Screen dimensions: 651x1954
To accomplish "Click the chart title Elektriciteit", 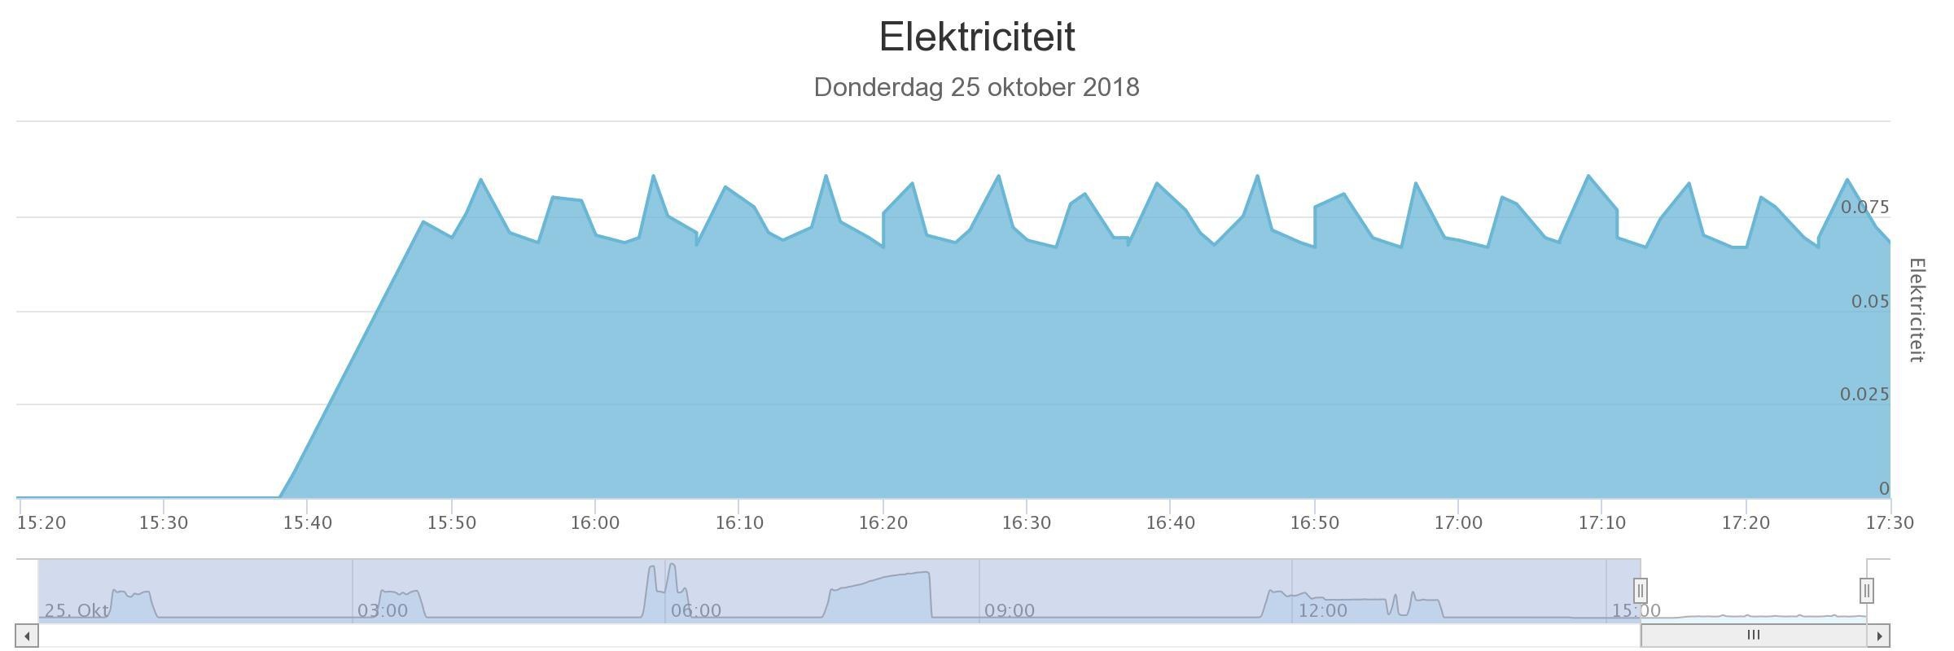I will click(x=977, y=37).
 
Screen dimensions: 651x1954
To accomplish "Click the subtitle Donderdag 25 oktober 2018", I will click(x=976, y=87).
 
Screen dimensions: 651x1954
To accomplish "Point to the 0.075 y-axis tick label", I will click(x=1864, y=208).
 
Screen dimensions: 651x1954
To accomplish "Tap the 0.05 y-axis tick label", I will click(x=1869, y=302).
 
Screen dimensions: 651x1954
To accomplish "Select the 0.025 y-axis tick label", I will click(x=1864, y=395).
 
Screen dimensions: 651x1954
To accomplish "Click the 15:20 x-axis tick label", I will click(x=42, y=522).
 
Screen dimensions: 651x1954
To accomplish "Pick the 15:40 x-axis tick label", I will click(x=307, y=522).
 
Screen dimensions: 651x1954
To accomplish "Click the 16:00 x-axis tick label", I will click(x=594, y=522).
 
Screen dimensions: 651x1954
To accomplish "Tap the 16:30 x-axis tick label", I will click(x=1026, y=522).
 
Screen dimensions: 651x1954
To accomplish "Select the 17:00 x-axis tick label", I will click(x=1457, y=522).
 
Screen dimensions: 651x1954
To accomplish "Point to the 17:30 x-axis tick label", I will click(x=1889, y=522).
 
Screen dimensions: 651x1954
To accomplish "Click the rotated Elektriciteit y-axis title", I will click(x=1917, y=310).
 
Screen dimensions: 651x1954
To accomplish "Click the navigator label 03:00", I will click(x=383, y=610).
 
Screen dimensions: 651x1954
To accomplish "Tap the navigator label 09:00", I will click(x=1010, y=610).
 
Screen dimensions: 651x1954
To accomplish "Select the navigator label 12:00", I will click(x=1322, y=610).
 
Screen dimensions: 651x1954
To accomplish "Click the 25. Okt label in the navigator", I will click(x=77, y=610).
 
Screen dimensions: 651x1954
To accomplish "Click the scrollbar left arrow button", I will click(x=27, y=636).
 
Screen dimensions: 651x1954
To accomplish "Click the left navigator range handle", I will click(x=1641, y=591).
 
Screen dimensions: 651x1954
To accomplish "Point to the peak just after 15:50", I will click(x=480, y=180).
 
